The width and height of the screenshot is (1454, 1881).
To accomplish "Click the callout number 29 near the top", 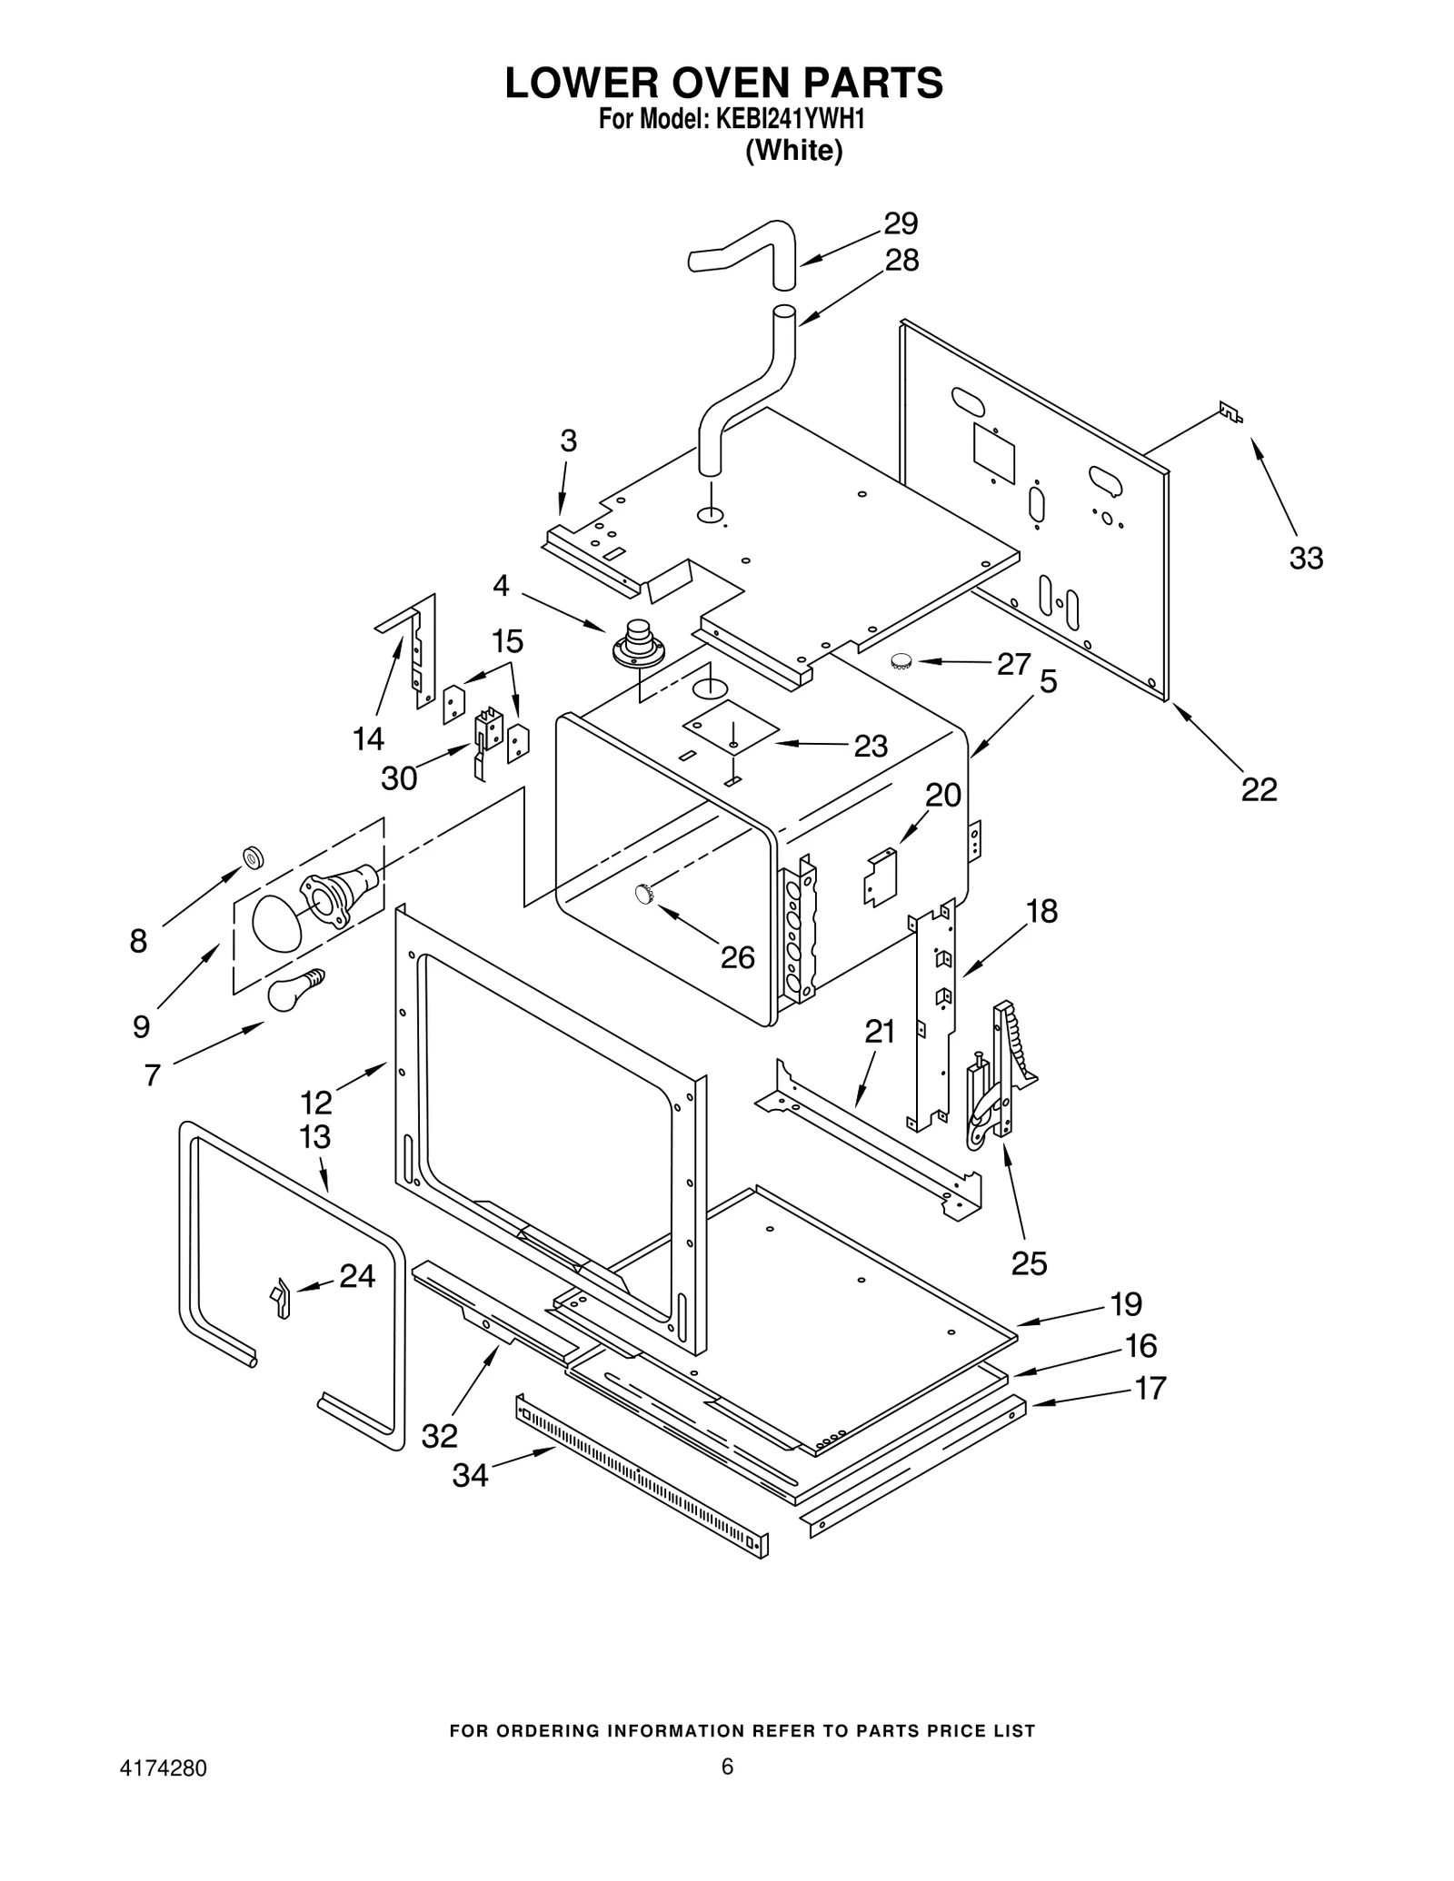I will coord(901,223).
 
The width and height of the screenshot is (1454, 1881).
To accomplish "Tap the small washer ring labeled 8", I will coord(253,856).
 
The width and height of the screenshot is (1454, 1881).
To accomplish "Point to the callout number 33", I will coord(1306,558).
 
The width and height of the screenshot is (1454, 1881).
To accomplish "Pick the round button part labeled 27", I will coord(901,661).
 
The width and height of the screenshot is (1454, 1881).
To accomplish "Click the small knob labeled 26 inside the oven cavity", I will coord(644,894).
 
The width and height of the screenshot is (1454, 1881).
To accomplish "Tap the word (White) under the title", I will coord(793,151).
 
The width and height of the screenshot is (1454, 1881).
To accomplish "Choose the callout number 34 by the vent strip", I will coord(470,1476).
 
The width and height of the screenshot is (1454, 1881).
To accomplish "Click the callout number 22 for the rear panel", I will coord(1259,789).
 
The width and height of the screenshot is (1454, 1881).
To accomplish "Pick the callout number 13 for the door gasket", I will coord(315,1136).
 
